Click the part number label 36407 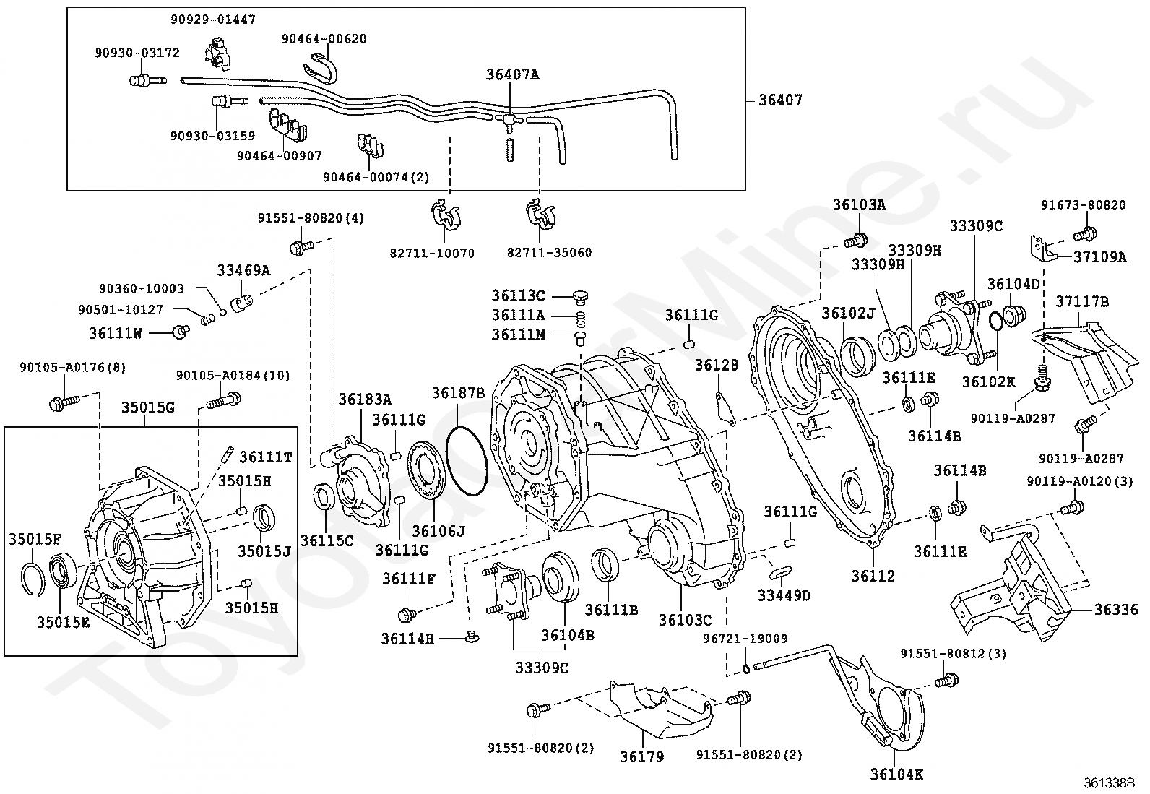pos(780,100)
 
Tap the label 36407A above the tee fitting pos(512,74)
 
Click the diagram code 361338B pos(1109,782)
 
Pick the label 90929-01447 pos(213,20)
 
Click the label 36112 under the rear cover pos(873,576)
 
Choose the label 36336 pos(1115,610)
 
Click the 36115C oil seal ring pos(324,498)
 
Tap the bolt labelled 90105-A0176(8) pos(61,401)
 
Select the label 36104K pos(896,774)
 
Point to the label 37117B pos(1082,301)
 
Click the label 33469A pos(243,271)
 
